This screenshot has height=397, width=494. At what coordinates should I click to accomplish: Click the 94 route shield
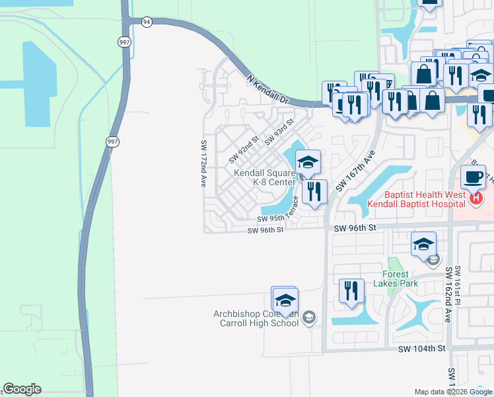146,22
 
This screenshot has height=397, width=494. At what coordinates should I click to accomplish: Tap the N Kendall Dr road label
267,90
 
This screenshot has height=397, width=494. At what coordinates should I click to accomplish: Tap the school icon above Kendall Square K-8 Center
308,162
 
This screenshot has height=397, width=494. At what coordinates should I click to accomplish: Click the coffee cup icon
474,177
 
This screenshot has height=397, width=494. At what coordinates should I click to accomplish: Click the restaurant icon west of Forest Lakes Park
351,290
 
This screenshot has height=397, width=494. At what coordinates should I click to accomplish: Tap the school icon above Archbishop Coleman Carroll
285,300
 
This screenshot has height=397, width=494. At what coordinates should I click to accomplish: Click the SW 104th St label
422,348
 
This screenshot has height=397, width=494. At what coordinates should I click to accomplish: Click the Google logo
22,389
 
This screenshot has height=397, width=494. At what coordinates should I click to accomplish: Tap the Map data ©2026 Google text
453,392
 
